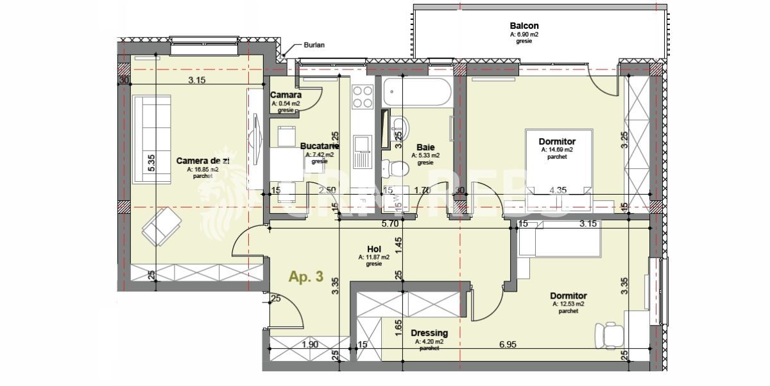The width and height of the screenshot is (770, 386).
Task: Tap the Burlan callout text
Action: (314, 46)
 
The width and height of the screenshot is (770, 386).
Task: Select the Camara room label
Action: (286, 95)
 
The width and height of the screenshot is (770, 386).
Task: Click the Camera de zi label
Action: (203, 160)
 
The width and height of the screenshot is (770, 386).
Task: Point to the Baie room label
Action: (425, 146)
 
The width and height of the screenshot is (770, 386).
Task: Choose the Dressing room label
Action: (430, 333)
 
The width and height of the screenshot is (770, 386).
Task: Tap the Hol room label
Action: (374, 249)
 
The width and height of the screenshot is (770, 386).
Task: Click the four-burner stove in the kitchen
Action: (363, 96)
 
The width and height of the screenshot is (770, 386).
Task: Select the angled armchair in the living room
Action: (162, 228)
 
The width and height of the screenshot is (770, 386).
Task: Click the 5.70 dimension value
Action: (391, 224)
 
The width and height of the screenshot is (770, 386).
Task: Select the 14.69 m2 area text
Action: (556, 150)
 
